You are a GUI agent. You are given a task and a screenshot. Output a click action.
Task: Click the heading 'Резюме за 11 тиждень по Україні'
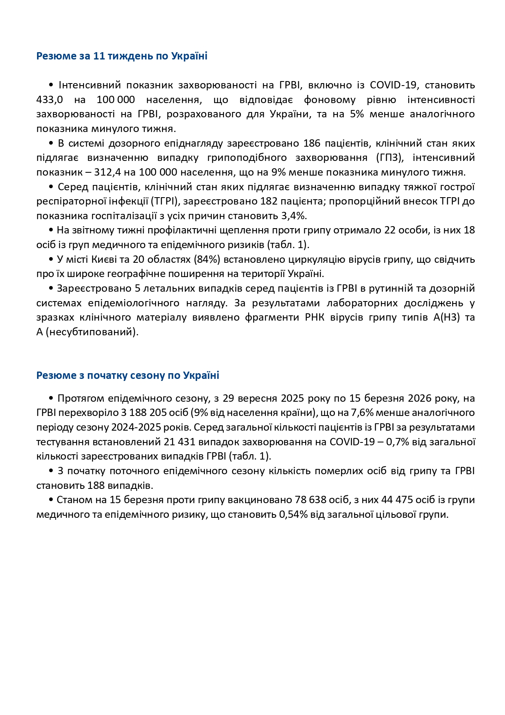(122, 56)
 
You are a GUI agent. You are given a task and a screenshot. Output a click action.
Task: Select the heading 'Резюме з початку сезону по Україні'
(128, 375)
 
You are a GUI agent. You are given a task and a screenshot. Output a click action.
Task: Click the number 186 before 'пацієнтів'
(312, 143)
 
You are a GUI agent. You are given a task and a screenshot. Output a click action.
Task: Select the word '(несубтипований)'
(92, 332)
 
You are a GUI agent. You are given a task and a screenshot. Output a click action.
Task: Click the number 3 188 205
(144, 413)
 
